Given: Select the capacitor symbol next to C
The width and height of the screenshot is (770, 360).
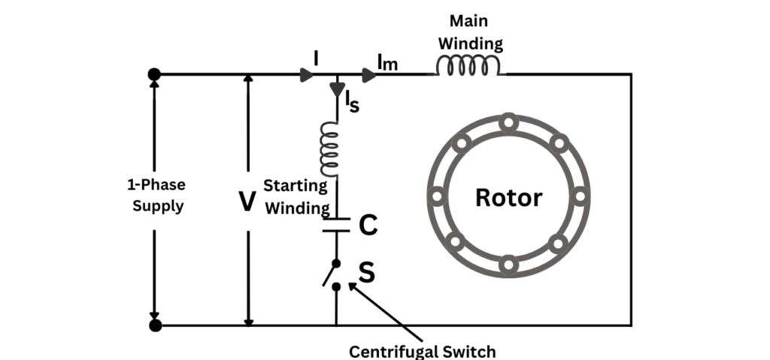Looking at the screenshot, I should [336, 225].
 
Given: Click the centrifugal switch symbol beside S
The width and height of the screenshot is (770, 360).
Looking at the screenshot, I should [332, 274].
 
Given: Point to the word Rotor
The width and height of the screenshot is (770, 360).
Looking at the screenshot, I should [508, 198].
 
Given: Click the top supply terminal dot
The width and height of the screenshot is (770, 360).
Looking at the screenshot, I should [155, 74].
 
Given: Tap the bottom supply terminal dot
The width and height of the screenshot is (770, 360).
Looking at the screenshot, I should [155, 325].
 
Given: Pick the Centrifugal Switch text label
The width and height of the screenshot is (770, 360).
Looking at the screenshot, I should [423, 351].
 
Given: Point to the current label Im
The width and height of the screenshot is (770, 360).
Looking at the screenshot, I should [388, 64].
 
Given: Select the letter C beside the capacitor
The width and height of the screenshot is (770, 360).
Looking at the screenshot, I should [368, 225].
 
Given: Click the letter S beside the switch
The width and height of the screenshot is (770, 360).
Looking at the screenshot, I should [366, 273].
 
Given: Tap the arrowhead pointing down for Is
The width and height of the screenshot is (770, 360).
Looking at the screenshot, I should [337, 89].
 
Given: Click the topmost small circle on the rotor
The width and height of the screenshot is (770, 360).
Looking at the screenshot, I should [508, 121].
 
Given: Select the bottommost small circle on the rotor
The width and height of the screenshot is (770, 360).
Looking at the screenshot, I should [508, 265].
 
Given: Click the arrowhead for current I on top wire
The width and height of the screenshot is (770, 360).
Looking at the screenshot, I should [305, 74].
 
